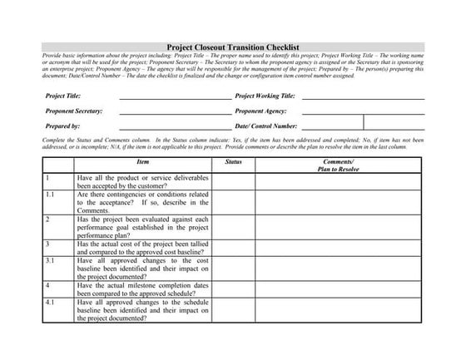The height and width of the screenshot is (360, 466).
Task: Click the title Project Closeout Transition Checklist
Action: pos(233,48)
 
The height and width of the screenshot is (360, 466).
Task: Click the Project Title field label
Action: pos(62,96)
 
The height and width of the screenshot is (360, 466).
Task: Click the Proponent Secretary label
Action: pos(74,111)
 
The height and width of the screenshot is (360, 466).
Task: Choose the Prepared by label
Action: pos(62,126)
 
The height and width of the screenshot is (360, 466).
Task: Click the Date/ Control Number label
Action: pos(266,126)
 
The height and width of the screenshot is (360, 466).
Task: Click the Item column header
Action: pos(142,162)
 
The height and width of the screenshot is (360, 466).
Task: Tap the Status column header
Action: pos(234,162)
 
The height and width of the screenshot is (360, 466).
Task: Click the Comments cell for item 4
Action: pos(338,289)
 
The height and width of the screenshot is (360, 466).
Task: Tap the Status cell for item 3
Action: pos(234,248)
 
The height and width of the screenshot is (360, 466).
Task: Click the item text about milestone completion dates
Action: pos(142,289)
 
